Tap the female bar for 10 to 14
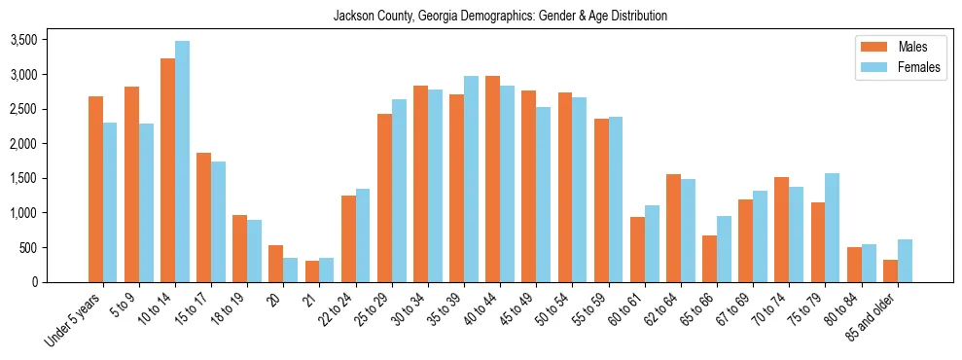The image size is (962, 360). point(182,162)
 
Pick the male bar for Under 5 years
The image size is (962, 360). point(95,189)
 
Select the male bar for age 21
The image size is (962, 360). point(312,271)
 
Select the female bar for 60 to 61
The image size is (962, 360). point(652,243)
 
